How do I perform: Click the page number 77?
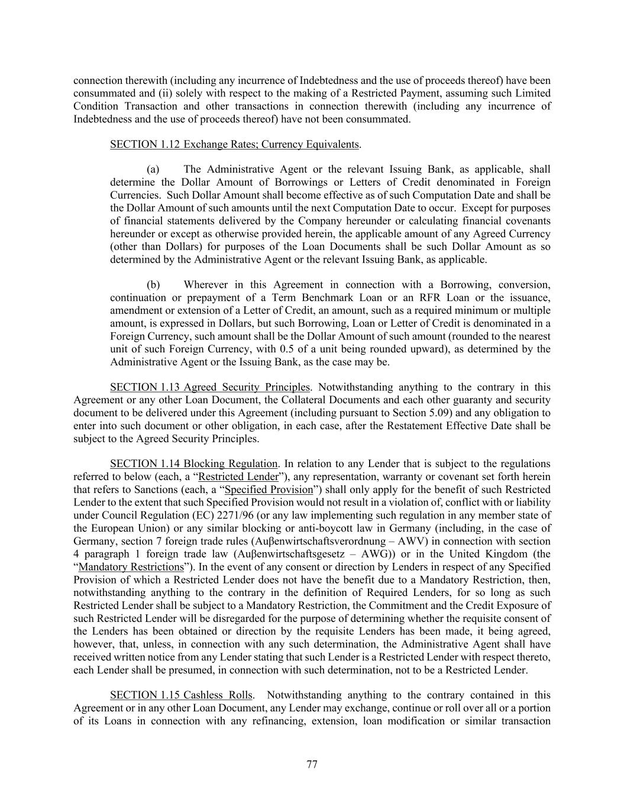click(x=312, y=764)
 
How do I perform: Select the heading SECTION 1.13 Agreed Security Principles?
click(x=210, y=387)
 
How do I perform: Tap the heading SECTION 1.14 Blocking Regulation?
click(x=194, y=464)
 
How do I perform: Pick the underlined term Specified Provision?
click(x=269, y=490)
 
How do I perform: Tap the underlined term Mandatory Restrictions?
click(x=131, y=567)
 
